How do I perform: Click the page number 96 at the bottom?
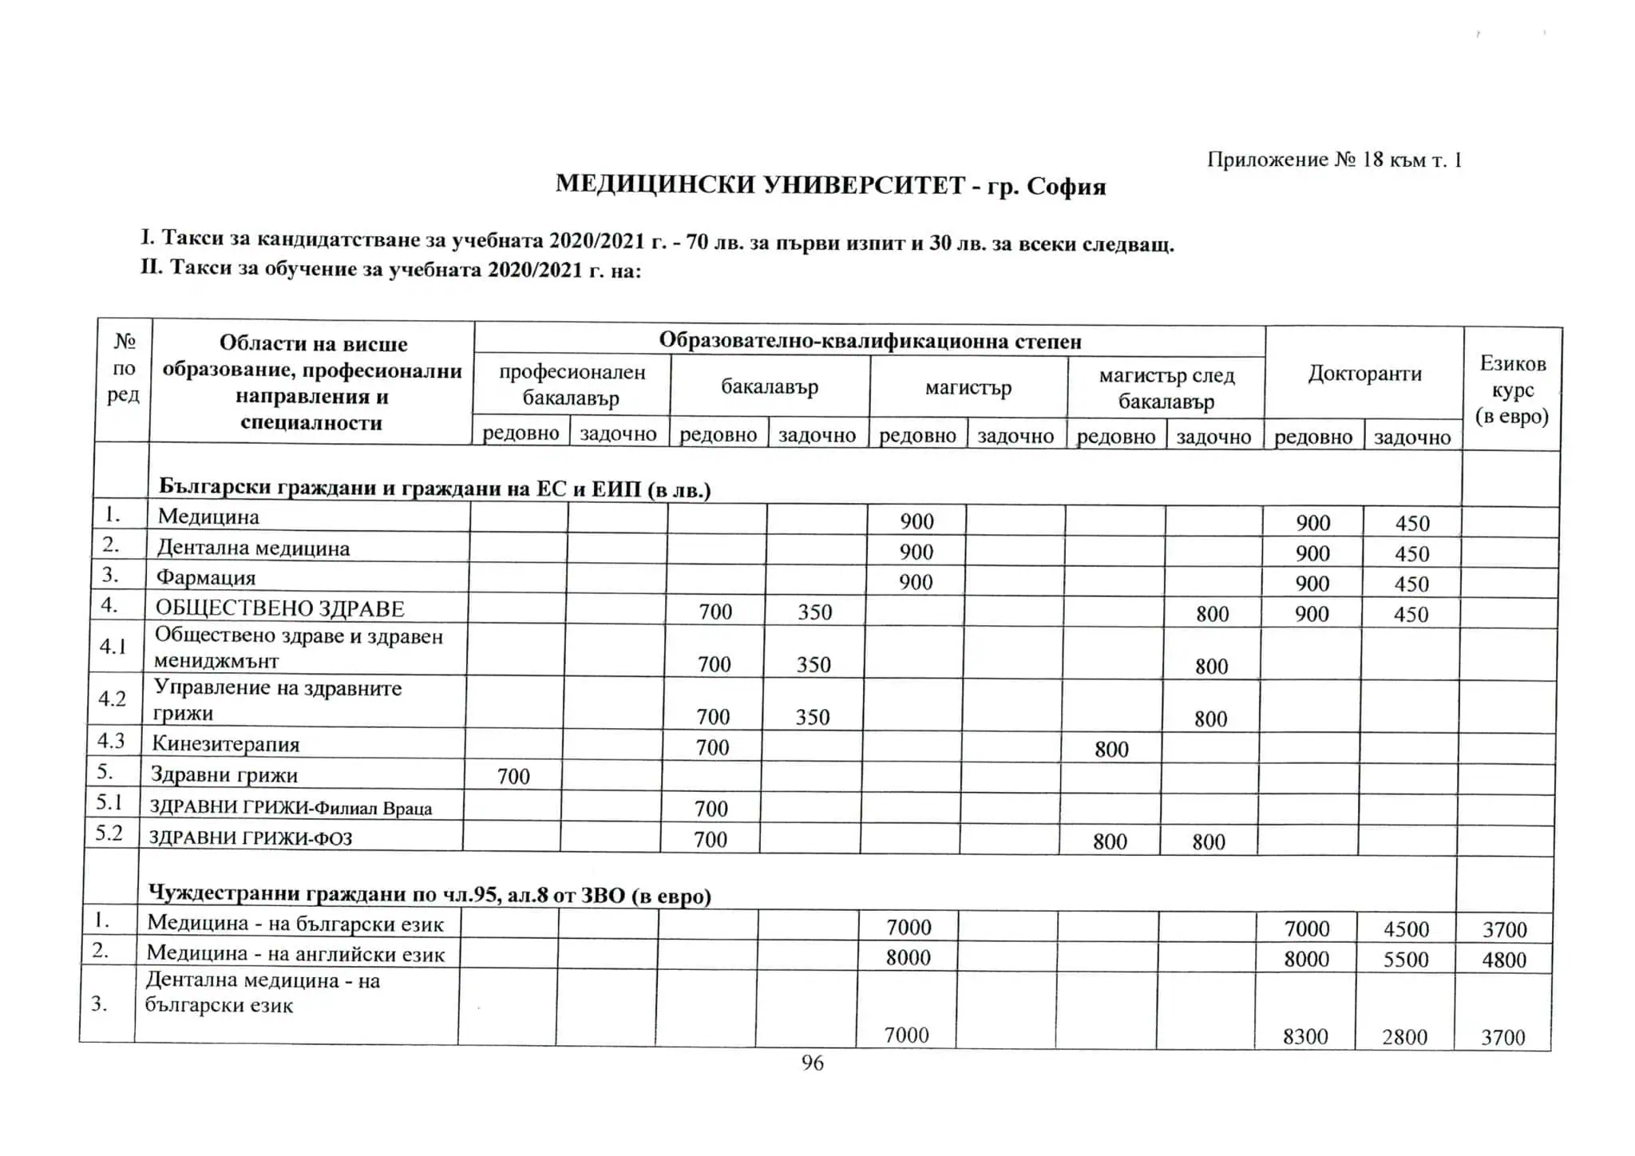812,1063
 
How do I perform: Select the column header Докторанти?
1364,374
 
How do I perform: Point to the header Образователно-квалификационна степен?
869,342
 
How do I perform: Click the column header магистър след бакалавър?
1166,388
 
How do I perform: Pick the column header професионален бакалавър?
572,385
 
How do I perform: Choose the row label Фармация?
206,577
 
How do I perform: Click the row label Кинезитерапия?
226,744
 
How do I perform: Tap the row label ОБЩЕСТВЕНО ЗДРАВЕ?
279,608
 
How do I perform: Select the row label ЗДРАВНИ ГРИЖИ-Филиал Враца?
291,808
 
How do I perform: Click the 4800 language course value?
1503,959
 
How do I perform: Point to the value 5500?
1405,959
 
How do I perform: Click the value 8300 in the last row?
1305,1036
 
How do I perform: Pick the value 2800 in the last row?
1404,1036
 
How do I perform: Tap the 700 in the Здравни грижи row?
513,776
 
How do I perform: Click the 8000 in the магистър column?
909,957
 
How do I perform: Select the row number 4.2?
112,699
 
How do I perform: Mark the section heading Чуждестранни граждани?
430,895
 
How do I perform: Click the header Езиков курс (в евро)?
1512,390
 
